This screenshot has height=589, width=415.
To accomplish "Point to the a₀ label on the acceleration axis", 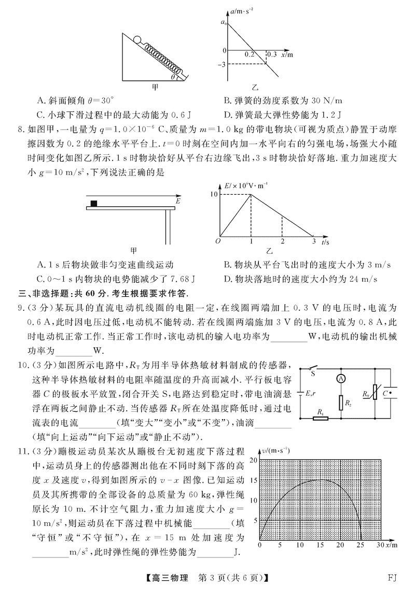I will point(223,22).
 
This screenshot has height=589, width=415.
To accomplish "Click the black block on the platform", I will point(94,203).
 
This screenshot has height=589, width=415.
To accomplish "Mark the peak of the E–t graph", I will point(251,194).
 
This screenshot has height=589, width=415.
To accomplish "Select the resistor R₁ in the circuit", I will point(321,418).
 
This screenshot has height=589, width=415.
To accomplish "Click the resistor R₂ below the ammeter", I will point(341,402).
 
